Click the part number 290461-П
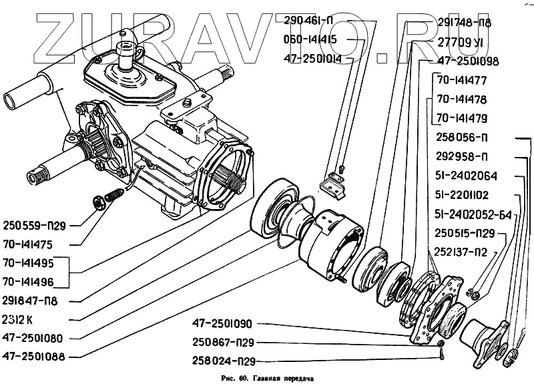click(311, 19)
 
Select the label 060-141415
click(311, 39)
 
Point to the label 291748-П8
click(465, 22)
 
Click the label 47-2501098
click(468, 61)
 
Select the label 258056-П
click(462, 138)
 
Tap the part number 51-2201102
click(463, 196)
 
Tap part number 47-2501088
click(33, 356)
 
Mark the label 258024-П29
click(218, 362)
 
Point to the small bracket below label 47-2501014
click(333, 184)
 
